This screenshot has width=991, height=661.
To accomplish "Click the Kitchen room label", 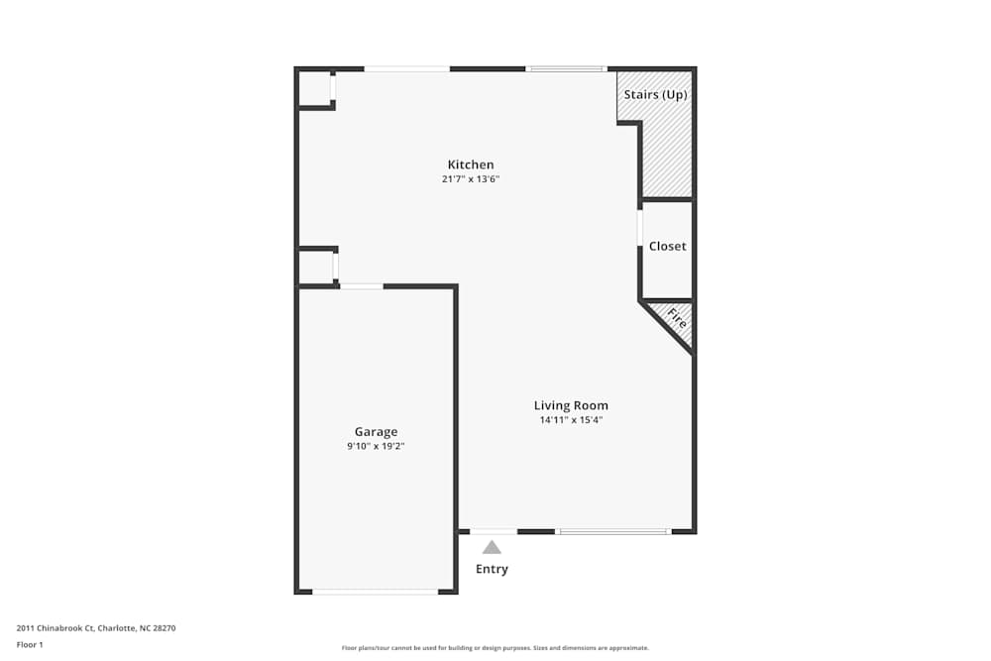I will (x=470, y=165).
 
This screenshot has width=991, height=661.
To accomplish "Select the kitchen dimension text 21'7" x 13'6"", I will (x=470, y=179).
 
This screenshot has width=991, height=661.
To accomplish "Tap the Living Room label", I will (x=571, y=405).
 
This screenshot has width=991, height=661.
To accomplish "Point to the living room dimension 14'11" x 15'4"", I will (x=571, y=420).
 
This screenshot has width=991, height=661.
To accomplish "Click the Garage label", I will (x=376, y=431).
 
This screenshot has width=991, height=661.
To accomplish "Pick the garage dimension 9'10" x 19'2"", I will (x=376, y=446).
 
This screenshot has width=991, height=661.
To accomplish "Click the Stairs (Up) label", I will (x=655, y=95).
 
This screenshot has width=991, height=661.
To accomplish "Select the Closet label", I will (x=667, y=246).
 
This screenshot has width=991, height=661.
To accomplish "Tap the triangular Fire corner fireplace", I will (x=675, y=319).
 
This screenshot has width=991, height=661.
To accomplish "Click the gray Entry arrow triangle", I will (x=492, y=547).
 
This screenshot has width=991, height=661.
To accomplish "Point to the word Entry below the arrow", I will (x=492, y=569).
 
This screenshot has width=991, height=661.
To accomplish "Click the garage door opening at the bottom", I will (x=375, y=592).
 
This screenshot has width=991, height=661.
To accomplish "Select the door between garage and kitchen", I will (x=362, y=286).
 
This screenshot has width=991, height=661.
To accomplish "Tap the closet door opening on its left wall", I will (x=641, y=228).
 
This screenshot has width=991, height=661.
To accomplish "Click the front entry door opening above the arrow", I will (x=493, y=532).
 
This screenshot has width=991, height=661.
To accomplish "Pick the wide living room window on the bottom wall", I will (x=612, y=532).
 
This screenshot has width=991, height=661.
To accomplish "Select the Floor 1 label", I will (x=30, y=644).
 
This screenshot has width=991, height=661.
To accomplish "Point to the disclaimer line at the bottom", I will (x=495, y=648).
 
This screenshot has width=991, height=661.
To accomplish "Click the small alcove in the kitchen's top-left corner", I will (x=315, y=88).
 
